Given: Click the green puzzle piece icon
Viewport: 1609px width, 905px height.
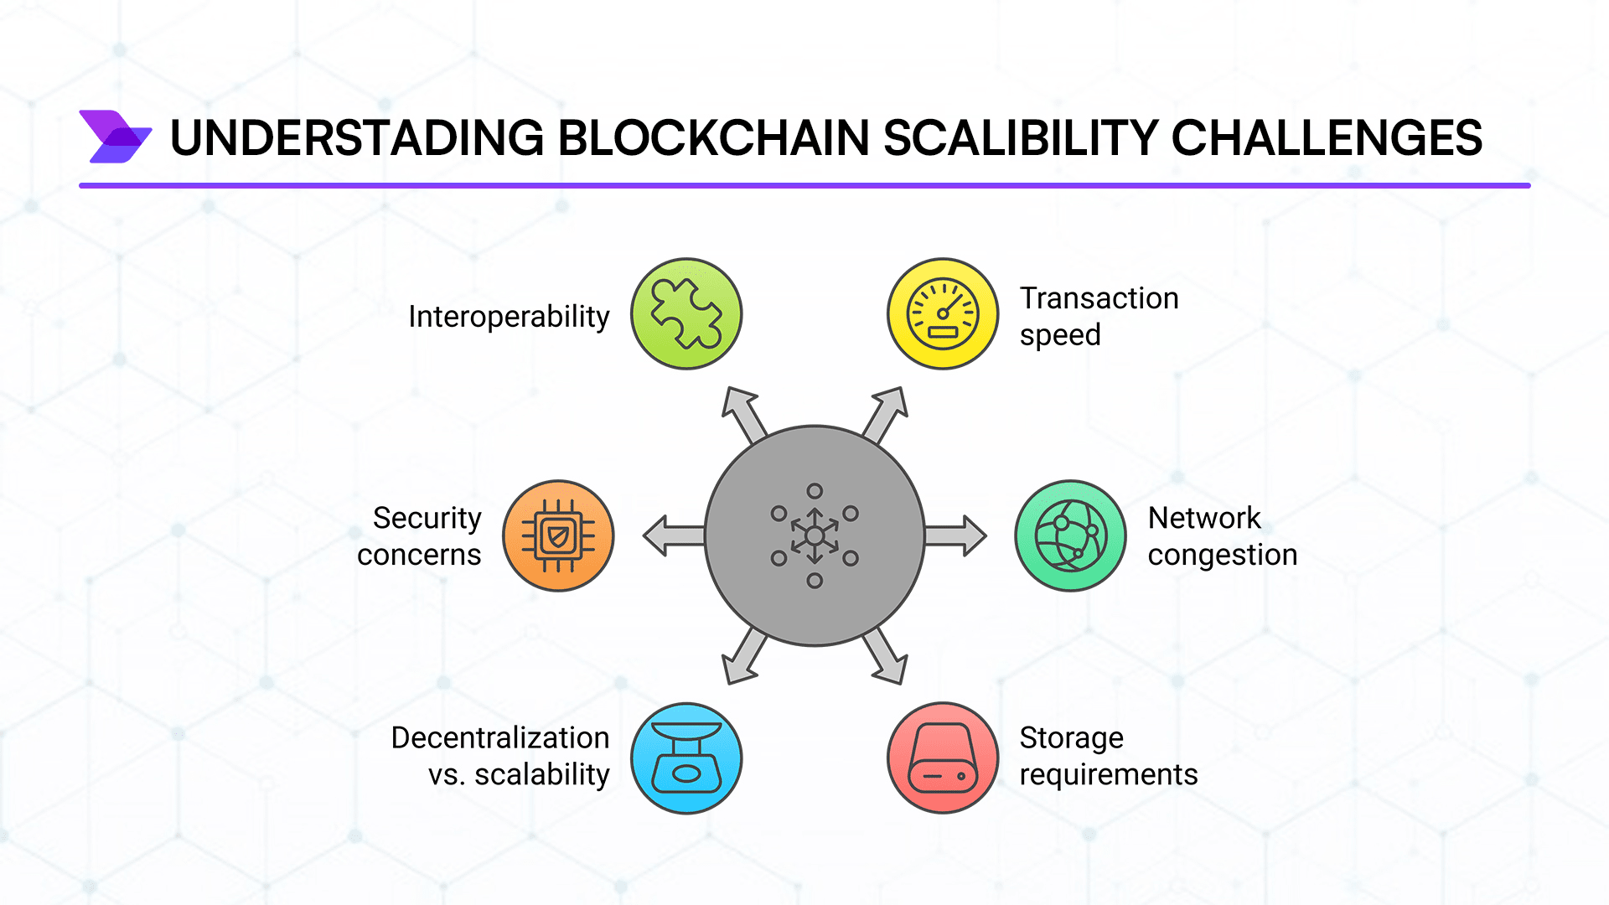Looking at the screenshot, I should (686, 313).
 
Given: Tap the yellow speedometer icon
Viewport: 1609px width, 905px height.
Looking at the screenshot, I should (943, 313).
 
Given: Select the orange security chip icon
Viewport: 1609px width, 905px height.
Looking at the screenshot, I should (558, 535).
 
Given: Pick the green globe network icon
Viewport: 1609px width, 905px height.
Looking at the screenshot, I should (1071, 535).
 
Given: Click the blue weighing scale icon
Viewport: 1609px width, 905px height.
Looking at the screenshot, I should (686, 758).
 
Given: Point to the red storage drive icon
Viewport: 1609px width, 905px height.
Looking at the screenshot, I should (943, 758).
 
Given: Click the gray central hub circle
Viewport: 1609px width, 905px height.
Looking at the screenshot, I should (815, 535).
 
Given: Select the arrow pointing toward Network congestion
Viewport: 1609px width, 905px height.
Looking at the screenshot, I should (956, 535).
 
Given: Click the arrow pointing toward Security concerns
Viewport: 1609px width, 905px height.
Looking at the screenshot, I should (673, 535).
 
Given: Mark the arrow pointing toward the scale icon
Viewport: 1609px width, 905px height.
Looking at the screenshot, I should (743, 658).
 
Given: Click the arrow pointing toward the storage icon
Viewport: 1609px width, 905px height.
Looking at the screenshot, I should (887, 658).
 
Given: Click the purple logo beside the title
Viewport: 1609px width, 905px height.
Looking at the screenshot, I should (115, 137).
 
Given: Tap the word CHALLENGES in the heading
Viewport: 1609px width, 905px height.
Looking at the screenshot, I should (1327, 138).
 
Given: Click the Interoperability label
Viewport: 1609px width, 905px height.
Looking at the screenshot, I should (509, 317).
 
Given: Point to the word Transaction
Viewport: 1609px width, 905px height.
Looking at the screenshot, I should (1099, 298).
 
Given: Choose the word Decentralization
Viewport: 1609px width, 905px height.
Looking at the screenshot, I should (500, 737).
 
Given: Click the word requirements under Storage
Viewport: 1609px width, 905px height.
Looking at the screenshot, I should (1108, 775).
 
